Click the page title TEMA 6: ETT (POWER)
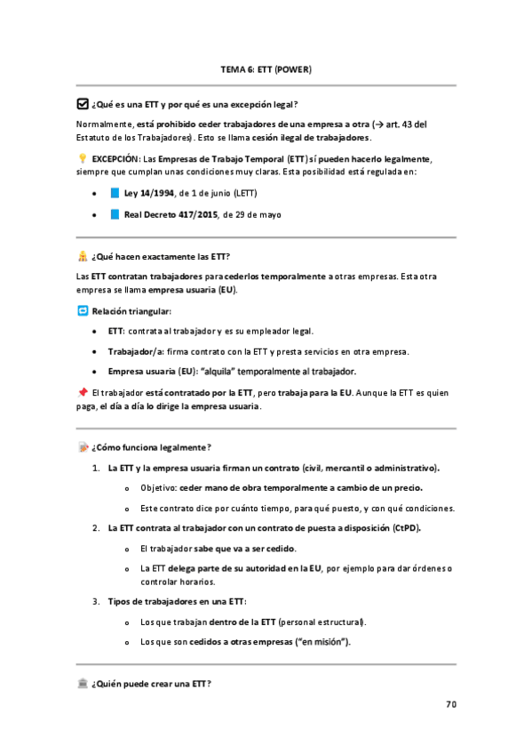(266, 68)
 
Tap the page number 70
(450, 704)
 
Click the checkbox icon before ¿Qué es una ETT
(83, 103)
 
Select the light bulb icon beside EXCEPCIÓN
(83, 158)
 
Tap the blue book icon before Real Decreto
(114, 214)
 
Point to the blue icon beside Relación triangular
(83, 311)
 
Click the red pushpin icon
(83, 391)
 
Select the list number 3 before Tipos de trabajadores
(96, 601)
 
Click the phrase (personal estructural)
(322, 622)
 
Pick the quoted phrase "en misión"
(320, 641)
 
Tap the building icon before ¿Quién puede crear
(83, 683)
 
